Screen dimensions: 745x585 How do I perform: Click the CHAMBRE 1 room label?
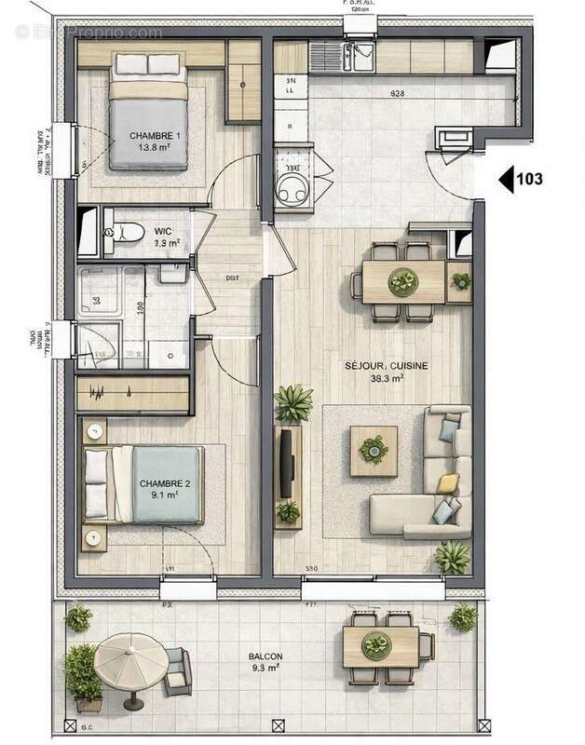coord(155,136)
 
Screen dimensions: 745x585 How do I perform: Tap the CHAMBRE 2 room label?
coord(165,483)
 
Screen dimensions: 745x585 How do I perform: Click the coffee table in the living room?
coord(373,451)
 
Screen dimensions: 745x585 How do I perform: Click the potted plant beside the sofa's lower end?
coord(454,557)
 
